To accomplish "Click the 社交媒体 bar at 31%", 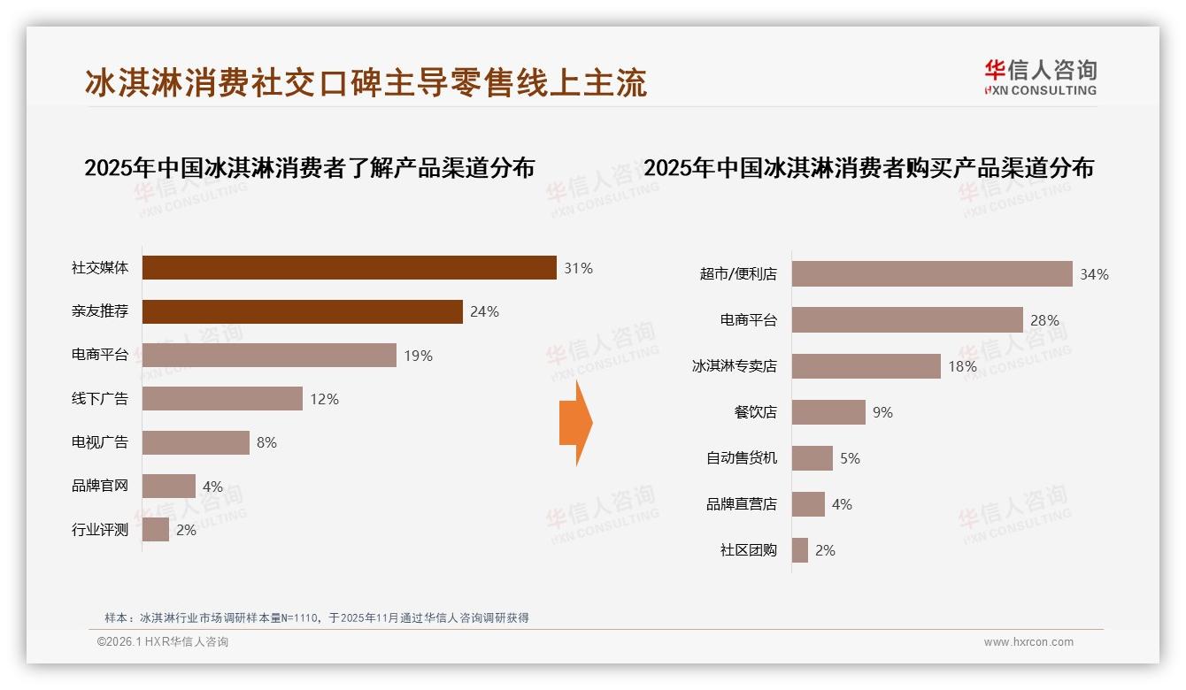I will click(349, 268).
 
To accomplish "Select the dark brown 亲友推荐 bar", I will click(302, 311).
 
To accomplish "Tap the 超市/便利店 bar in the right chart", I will click(931, 274).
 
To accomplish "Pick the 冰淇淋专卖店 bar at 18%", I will click(866, 366).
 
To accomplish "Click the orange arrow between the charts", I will click(576, 423).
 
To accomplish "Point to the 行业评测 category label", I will click(100, 531).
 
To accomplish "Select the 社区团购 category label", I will click(748, 550).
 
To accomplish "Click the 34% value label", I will click(1094, 275).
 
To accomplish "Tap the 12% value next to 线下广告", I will click(324, 399).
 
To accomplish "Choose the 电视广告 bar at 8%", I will click(196, 442).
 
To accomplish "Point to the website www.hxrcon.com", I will click(1028, 642).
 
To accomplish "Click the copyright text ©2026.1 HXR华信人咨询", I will click(163, 642).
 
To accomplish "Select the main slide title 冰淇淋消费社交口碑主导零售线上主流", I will click(366, 82).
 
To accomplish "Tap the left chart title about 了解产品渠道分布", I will click(309, 168).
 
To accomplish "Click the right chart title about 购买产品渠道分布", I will click(868, 168).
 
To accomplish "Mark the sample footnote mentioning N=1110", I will click(317, 617).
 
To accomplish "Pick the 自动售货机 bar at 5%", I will click(812, 458).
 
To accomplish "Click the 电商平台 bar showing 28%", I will click(906, 320).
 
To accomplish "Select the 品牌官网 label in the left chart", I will click(100, 486).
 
